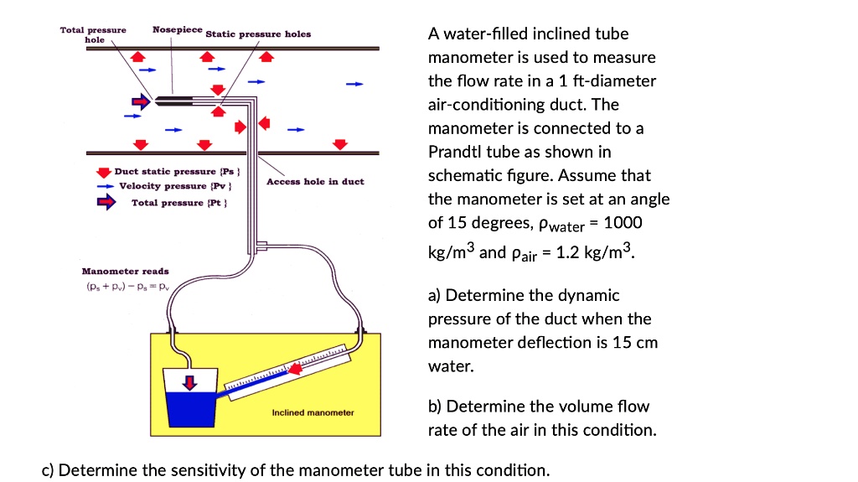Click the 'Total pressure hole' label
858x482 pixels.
tap(93, 34)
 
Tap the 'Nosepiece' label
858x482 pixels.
tap(178, 29)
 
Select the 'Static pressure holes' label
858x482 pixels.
tap(258, 34)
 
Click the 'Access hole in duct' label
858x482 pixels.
tap(315, 182)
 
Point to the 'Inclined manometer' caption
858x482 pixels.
tap(313, 412)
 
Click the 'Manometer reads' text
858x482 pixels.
tap(125, 271)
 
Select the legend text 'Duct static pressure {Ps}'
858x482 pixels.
tap(166, 171)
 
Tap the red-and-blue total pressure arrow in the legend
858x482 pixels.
tap(106, 202)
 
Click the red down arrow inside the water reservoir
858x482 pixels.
tap(191, 382)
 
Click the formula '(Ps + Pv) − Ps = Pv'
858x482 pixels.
tap(125, 286)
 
